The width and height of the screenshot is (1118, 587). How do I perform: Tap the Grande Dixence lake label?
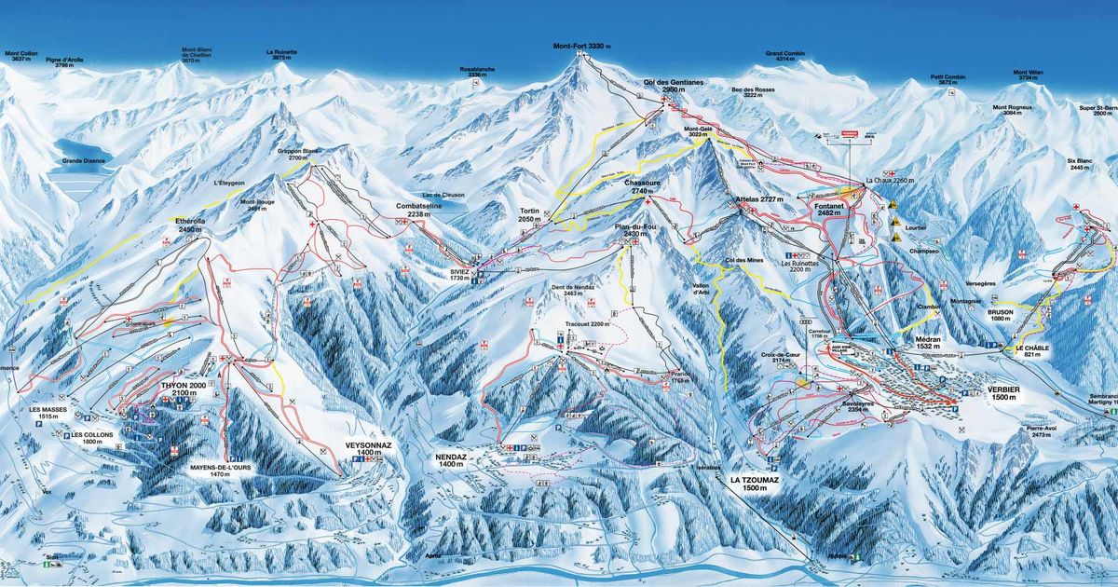coord(84,160)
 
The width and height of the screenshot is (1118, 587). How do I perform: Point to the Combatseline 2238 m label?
coord(424,210)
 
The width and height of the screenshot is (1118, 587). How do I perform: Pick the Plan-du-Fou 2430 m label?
coord(638,231)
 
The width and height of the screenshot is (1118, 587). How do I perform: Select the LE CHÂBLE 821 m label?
coord(1026,351)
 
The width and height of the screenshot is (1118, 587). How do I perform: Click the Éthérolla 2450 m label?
coord(189,225)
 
